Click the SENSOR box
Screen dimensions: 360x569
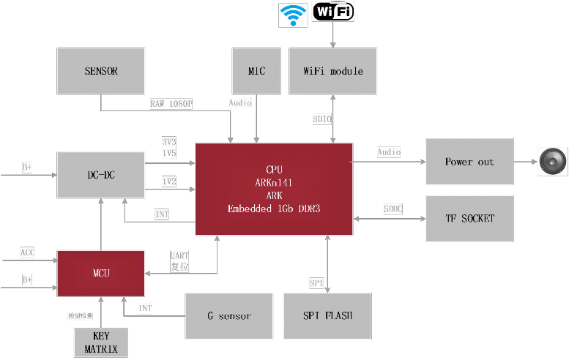click(101, 71)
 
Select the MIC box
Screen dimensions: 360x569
click(256, 71)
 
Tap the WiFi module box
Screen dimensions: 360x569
click(333, 71)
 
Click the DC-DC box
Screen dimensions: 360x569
click(101, 175)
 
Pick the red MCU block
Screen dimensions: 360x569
click(101, 273)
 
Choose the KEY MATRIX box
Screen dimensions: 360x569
click(101, 343)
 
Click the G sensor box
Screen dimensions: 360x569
click(229, 315)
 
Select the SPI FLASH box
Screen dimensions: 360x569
click(327, 315)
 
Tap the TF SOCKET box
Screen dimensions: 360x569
click(469, 218)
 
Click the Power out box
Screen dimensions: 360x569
click(469, 162)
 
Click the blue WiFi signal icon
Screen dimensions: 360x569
click(293, 15)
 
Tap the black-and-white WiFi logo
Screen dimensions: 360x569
click(333, 12)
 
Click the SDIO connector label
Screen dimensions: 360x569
click(323, 118)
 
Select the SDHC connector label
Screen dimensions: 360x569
click(393, 209)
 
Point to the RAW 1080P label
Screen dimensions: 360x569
click(171, 104)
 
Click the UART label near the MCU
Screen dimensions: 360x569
click(179, 255)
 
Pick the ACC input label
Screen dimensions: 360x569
click(27, 252)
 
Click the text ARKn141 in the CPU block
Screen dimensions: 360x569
click(273, 182)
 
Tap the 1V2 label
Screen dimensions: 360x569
click(169, 181)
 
